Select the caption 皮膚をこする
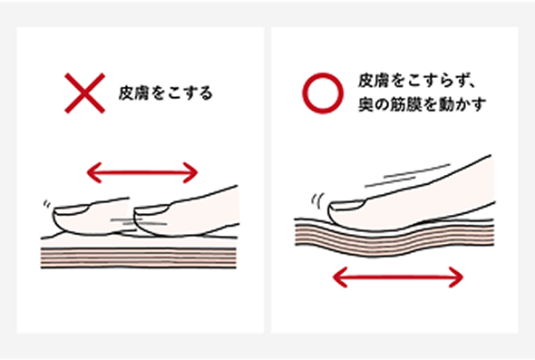[165, 92]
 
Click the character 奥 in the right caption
[365, 104]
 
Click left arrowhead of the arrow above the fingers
[88, 170]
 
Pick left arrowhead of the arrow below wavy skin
[337, 276]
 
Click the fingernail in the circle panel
[345, 212]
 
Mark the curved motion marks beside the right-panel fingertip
[316, 199]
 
